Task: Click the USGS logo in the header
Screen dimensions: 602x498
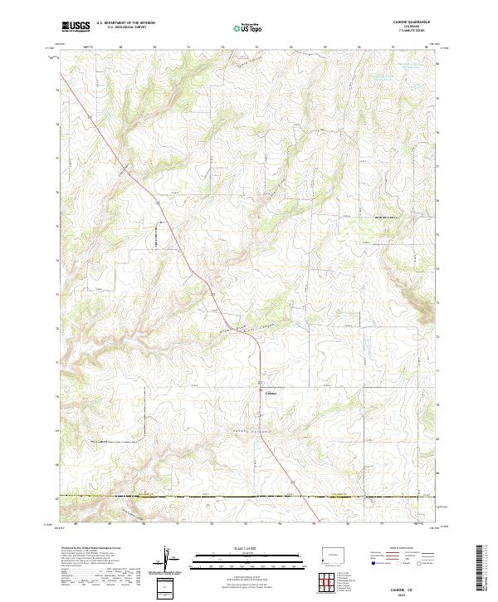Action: click(76, 27)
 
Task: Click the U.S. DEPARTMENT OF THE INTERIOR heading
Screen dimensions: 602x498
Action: click(125, 23)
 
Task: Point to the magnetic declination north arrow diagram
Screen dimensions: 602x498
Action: click(168, 559)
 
